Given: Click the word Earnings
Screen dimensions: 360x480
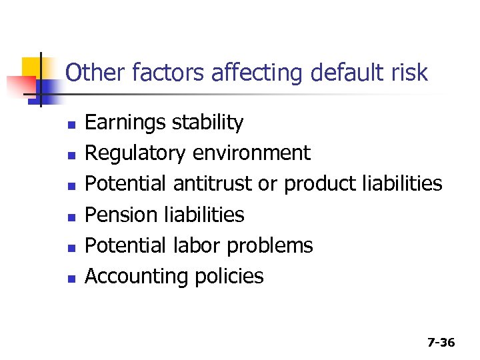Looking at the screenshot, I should coord(125,123).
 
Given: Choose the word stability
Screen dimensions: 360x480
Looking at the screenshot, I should coord(207,123).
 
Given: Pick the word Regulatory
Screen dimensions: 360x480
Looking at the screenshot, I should coord(135,154).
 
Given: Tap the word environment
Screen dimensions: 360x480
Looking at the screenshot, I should coord(251,154).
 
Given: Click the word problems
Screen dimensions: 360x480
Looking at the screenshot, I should coord(269,246).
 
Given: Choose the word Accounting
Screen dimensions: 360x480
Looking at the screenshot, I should coord(137,277).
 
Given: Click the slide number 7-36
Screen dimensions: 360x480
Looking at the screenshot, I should coord(441,343).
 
